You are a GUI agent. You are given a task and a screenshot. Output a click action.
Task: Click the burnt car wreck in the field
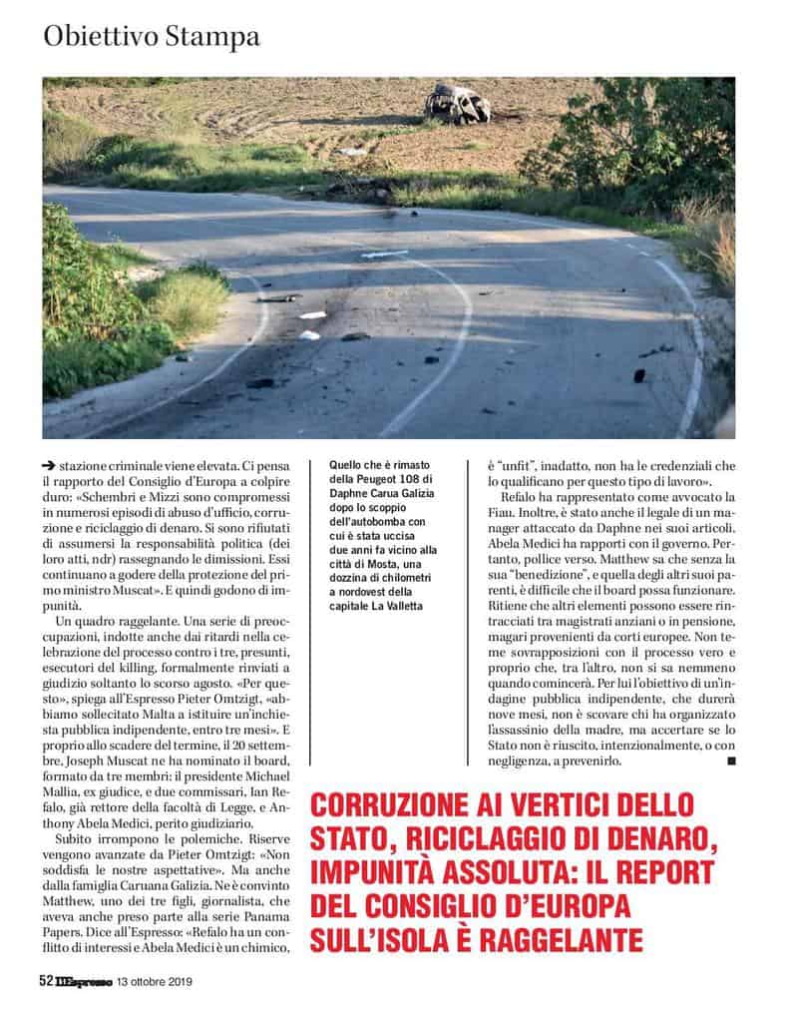pos(458,104)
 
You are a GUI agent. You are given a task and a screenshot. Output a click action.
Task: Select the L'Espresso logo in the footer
pos(84,981)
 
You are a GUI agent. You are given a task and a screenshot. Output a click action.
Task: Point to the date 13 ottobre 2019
pos(154,982)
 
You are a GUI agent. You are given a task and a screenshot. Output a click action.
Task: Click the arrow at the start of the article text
pos(49,464)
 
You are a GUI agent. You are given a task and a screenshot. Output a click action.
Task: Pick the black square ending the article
pos(732,761)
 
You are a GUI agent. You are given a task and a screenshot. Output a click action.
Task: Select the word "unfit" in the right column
pos(500,464)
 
